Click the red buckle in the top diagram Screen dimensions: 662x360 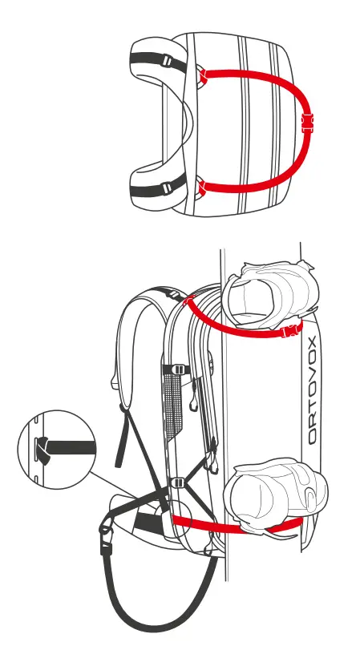305,124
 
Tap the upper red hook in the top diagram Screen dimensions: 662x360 202,77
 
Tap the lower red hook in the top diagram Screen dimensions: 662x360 201,188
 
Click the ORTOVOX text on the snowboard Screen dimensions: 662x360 313,391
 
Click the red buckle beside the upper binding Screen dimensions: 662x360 291,330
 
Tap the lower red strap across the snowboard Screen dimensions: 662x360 241,524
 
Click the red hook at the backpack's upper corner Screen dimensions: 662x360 190,302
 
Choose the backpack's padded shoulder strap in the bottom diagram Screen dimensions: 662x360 132,345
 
